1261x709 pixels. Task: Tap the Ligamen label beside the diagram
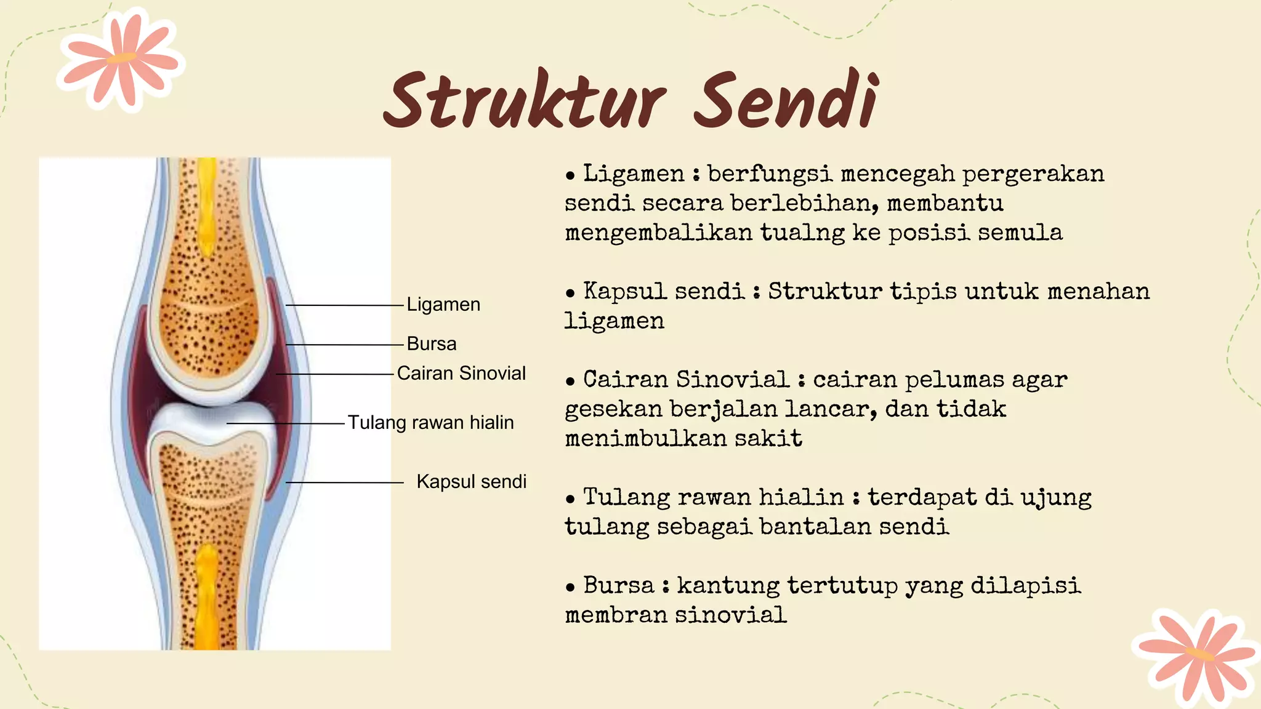(x=443, y=305)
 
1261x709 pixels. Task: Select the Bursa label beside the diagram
(x=432, y=344)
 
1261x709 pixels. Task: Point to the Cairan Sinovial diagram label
(x=461, y=374)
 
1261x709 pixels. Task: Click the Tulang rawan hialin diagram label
(x=430, y=423)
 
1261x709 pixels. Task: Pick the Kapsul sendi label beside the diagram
(x=471, y=482)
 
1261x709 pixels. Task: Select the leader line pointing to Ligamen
(x=345, y=305)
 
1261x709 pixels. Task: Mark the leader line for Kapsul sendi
(x=345, y=483)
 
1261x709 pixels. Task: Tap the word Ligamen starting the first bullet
(x=634, y=174)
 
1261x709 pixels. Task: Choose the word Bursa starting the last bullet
(x=618, y=585)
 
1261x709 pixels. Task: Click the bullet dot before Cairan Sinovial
(x=570, y=382)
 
